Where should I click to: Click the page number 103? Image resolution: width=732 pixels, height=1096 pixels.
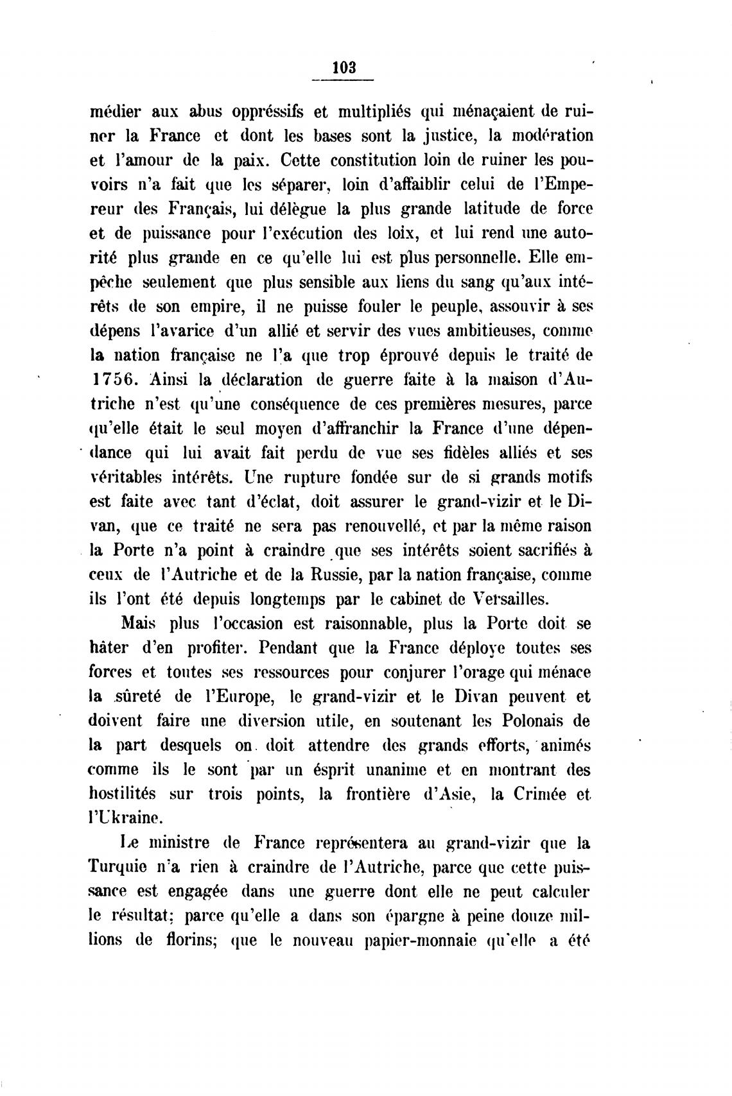[345, 67]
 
